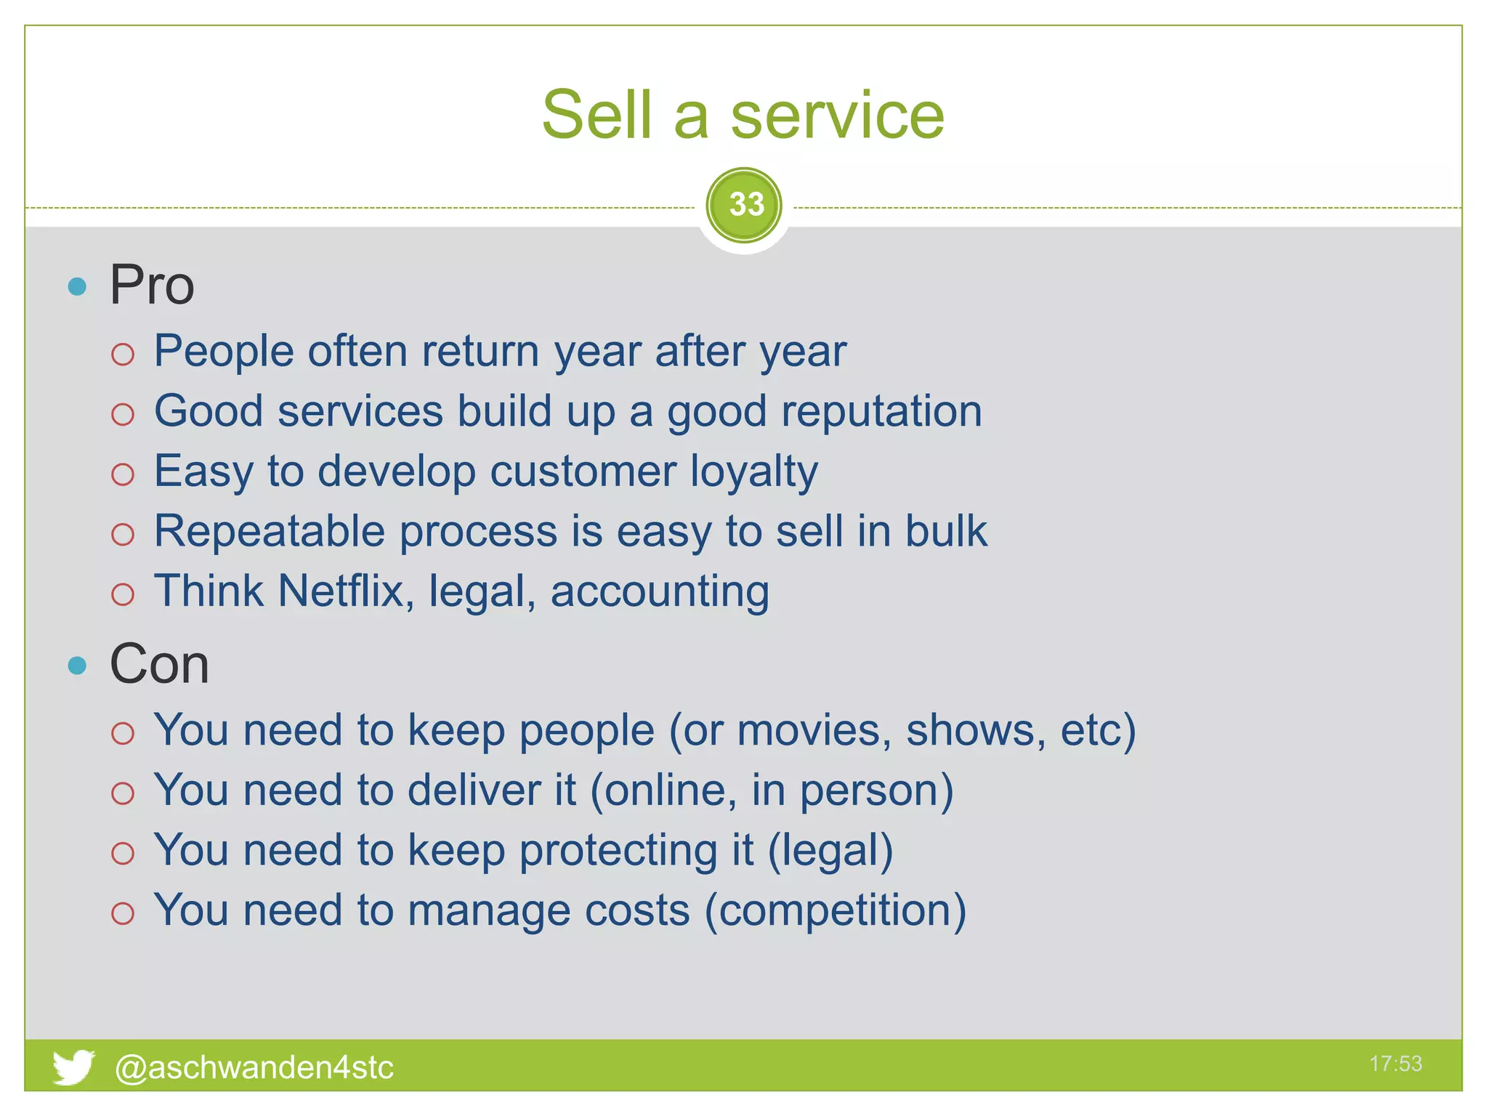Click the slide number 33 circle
(744, 205)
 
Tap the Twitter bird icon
(73, 1067)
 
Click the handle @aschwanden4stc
(254, 1067)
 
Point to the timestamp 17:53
(1395, 1064)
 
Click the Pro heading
(152, 285)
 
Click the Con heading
(159, 664)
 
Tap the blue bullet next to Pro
(77, 286)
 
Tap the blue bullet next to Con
(77, 666)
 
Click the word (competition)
(836, 910)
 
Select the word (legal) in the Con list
(830, 850)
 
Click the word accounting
(660, 591)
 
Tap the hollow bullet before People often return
(123, 355)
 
